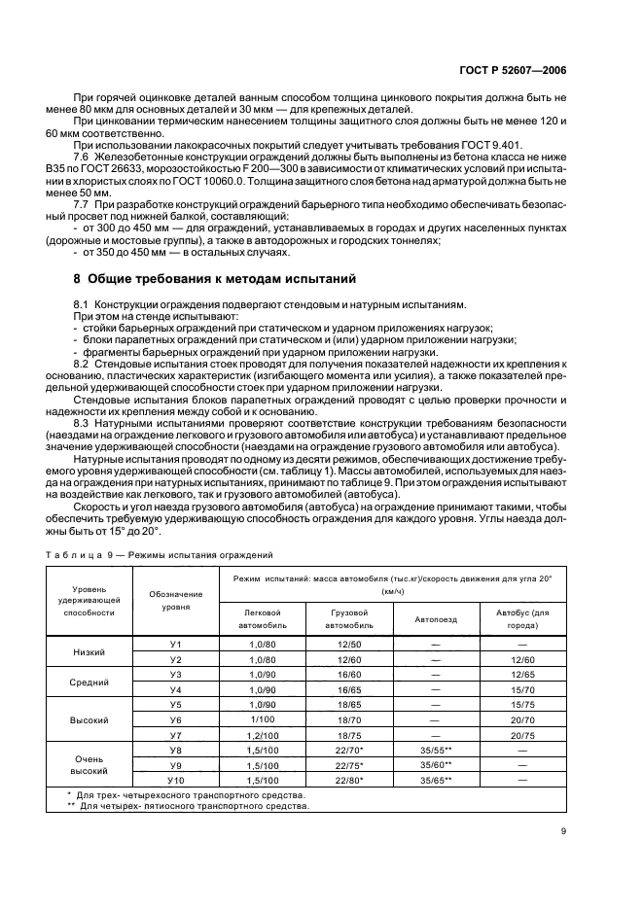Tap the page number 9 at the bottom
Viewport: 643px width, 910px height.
563,831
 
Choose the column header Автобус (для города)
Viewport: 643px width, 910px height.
522,618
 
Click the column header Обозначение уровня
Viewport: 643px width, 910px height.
176,600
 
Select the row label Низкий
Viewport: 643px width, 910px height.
89,651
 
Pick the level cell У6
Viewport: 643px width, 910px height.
176,718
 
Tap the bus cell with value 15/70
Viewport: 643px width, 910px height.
522,689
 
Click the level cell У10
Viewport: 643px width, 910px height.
176,780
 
